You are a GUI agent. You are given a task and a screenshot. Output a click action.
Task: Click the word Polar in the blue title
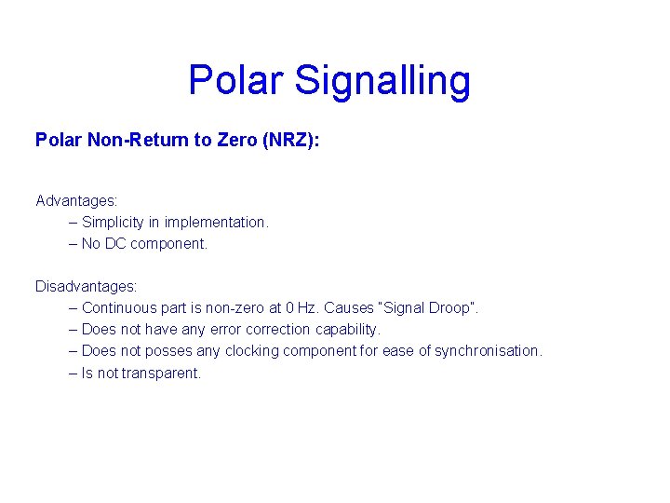coord(236,80)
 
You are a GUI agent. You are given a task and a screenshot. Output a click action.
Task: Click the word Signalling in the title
coord(383,82)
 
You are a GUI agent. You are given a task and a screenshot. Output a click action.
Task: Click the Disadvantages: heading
coord(86,286)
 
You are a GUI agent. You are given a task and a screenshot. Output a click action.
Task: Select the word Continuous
coord(120,307)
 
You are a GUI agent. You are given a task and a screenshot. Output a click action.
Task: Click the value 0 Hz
coord(301,307)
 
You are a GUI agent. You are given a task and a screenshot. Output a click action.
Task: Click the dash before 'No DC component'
coord(73,243)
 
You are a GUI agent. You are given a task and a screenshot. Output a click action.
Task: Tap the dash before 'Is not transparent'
coord(73,373)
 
